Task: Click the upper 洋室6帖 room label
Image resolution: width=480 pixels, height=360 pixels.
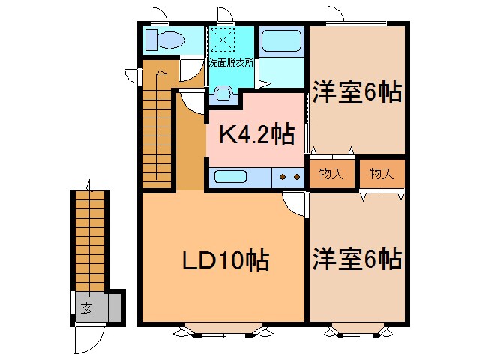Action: [357, 93]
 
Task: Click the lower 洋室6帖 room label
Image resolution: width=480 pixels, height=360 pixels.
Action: [357, 259]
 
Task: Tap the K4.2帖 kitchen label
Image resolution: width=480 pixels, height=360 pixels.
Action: [256, 134]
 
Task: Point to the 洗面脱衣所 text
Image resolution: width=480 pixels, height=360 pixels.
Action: [231, 62]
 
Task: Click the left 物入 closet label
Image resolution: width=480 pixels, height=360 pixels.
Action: [331, 174]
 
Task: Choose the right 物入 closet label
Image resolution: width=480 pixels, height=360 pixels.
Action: [381, 174]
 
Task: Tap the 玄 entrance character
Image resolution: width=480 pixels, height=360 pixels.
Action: [87, 307]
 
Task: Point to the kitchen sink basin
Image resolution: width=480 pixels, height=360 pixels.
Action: [230, 178]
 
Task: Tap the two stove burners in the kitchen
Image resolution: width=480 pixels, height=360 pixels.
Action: [289, 178]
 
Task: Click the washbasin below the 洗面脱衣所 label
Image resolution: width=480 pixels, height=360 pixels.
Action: [223, 92]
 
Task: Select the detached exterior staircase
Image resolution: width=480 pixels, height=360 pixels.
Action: [90, 240]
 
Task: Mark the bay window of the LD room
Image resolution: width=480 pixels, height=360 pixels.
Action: [223, 328]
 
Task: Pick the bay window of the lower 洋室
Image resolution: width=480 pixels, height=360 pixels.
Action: [357, 328]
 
